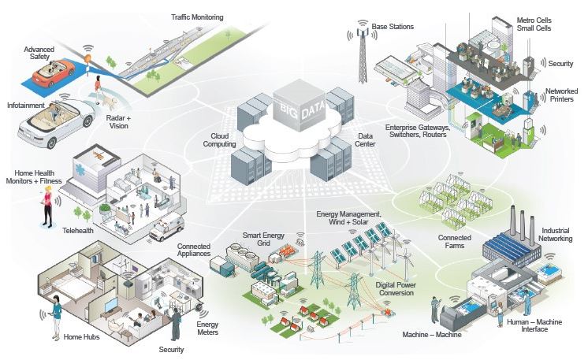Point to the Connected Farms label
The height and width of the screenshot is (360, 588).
[x=456, y=241]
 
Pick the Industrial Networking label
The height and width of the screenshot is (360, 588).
[x=559, y=236]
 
